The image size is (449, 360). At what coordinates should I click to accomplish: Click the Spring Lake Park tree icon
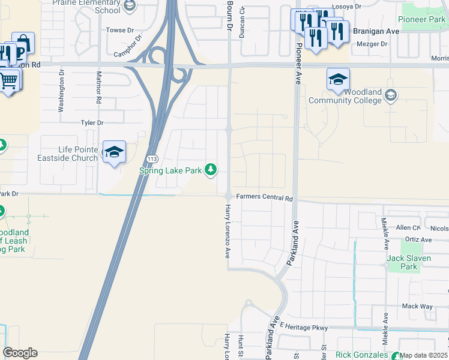[210, 170]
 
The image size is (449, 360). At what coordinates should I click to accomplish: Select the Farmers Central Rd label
[264, 197]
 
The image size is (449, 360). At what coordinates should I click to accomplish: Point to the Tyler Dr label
[92, 123]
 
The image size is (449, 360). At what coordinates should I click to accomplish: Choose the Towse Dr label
[119, 30]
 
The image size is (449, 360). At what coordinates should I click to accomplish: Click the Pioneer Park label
[423, 20]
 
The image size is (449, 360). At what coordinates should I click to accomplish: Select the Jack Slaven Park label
[402, 262]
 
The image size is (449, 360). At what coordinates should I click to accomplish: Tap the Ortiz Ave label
[418, 239]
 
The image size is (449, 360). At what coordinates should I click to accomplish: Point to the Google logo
[20, 353]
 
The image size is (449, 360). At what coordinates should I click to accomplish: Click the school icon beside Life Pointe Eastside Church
[113, 152]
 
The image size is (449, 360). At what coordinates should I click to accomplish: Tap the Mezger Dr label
[372, 44]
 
